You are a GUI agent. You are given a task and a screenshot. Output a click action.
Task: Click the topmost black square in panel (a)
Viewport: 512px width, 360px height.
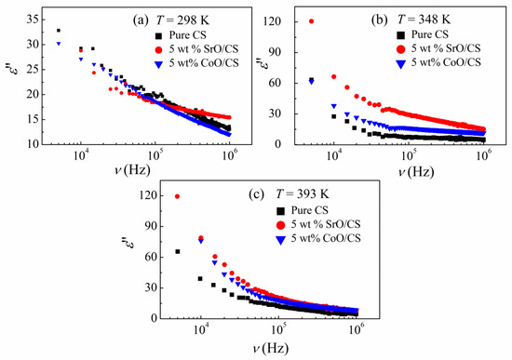pos(59,31)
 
